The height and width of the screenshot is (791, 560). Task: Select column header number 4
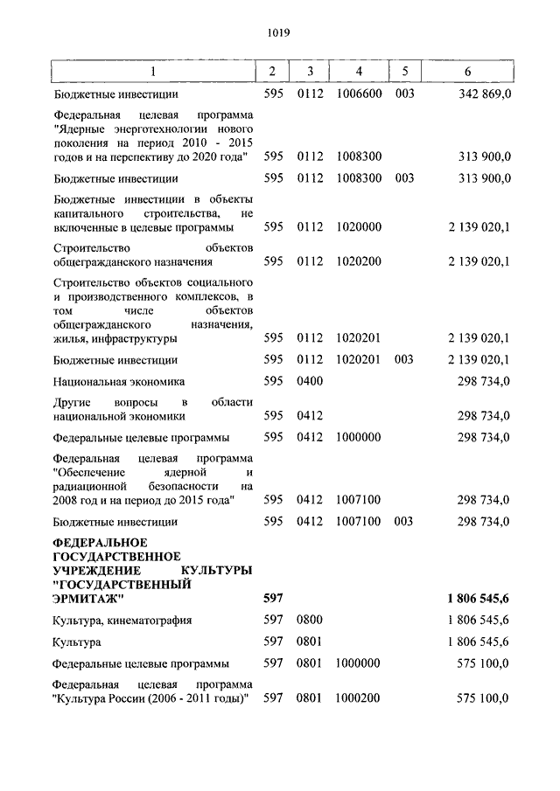[x=359, y=70]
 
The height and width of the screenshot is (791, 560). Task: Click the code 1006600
[x=359, y=94]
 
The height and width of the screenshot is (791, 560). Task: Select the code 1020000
[x=359, y=226]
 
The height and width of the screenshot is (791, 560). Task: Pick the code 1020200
[x=359, y=262]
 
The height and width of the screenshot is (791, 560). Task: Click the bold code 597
[x=273, y=599]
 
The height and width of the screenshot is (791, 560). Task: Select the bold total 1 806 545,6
[x=479, y=599]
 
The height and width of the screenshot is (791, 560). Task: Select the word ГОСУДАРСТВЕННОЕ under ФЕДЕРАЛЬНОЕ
[x=116, y=557]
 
